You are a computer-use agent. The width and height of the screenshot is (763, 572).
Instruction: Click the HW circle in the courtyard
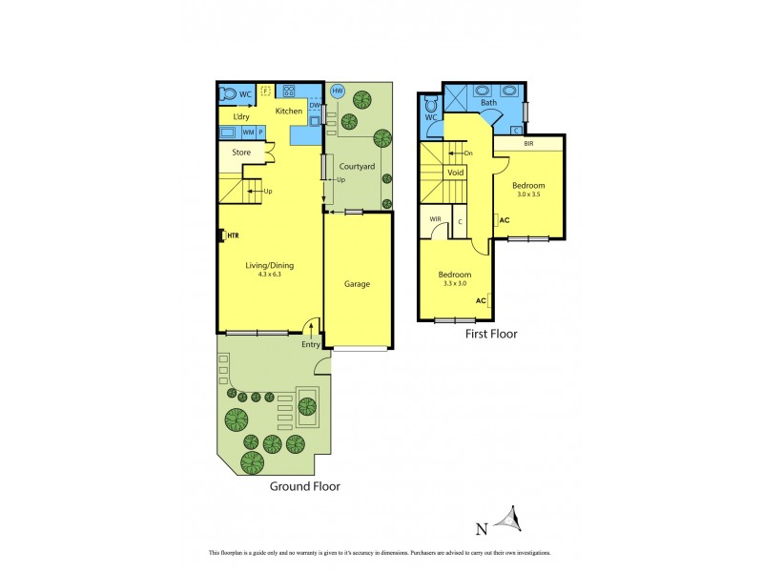pyautogui.click(x=337, y=92)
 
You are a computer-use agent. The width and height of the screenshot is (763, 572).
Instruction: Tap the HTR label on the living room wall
pyautogui.click(x=231, y=235)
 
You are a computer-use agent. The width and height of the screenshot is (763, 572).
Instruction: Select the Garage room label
pyautogui.click(x=357, y=284)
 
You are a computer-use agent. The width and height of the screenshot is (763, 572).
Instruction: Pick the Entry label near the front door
pyautogui.click(x=310, y=344)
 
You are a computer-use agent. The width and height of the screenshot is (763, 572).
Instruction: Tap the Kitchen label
pyautogui.click(x=289, y=112)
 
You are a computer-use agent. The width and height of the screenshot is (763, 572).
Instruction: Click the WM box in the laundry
pyautogui.click(x=248, y=133)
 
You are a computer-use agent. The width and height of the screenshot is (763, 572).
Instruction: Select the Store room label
pyautogui.click(x=240, y=152)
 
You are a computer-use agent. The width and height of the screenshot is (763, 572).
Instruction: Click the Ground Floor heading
pyautogui.click(x=303, y=486)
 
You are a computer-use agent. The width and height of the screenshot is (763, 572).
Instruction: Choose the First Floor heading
pyautogui.click(x=490, y=335)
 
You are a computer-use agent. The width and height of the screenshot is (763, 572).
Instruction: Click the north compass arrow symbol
pyautogui.click(x=516, y=520)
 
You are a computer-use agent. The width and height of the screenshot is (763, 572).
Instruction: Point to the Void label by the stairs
pyautogui.click(x=456, y=173)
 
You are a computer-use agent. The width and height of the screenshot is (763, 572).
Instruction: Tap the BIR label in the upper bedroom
pyautogui.click(x=528, y=144)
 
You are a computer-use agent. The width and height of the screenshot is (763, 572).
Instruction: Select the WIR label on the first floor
pyautogui.click(x=435, y=219)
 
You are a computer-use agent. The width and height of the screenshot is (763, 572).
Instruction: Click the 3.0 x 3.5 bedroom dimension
pyautogui.click(x=528, y=194)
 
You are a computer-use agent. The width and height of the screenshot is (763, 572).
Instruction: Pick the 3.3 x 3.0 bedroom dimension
pyautogui.click(x=455, y=284)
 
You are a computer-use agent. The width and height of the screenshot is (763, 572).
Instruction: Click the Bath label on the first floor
pyautogui.click(x=488, y=103)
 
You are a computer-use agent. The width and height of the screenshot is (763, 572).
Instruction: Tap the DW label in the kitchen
pyautogui.click(x=314, y=106)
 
